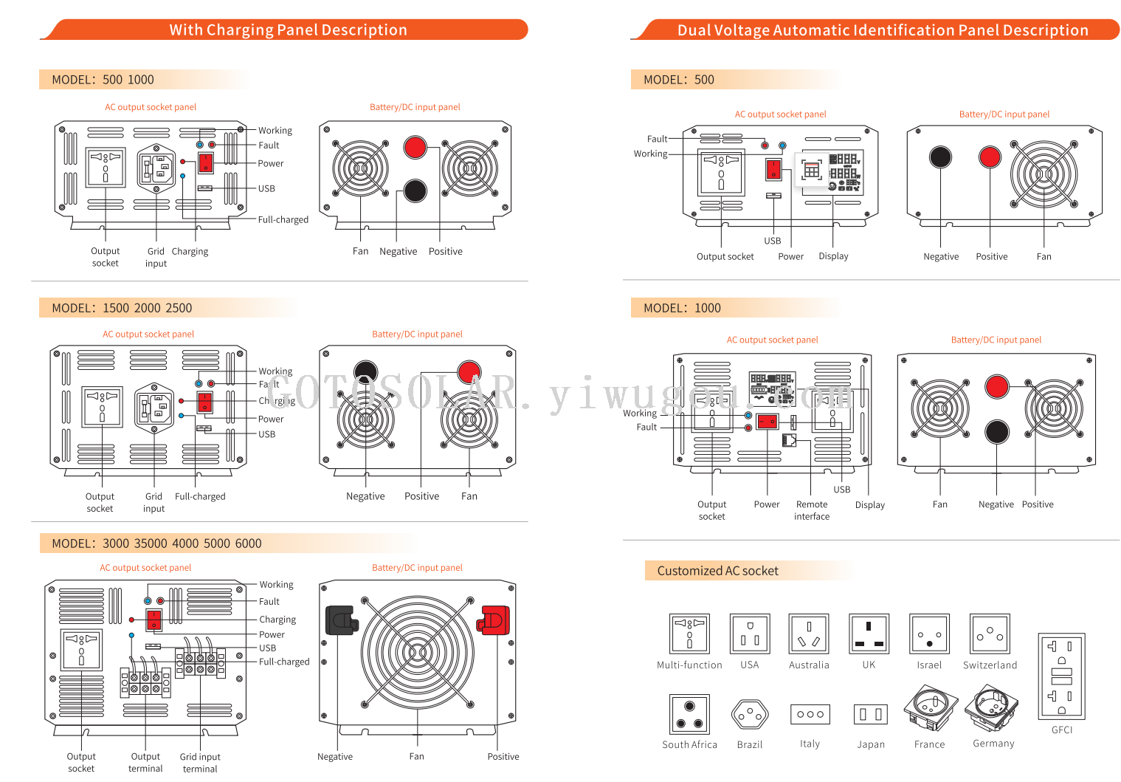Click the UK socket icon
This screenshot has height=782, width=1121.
coord(869,634)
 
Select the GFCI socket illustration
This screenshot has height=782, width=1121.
coord(1061,676)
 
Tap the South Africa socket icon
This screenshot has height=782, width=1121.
coord(689,714)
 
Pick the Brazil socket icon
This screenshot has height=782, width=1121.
coord(750,714)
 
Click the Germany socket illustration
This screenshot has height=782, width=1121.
coord(992,708)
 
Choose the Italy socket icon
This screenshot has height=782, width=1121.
coord(810,714)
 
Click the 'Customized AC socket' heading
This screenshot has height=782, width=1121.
coord(717,571)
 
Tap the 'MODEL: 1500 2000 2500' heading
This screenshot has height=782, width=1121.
coord(122,308)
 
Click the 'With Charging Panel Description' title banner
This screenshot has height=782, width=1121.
coord(288,30)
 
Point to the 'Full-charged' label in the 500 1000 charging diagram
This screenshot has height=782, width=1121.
coord(283,220)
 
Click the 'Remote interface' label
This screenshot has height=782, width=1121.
coord(812,510)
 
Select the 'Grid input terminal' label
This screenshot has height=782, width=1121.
coord(200,762)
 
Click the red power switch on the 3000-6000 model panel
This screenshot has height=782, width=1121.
coord(154,620)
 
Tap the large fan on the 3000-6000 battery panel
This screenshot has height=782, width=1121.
coord(417,652)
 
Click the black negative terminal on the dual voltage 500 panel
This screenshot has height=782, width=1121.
coord(940,157)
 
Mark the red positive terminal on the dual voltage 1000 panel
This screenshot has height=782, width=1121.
coord(996,386)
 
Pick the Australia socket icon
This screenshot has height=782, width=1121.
coord(809,634)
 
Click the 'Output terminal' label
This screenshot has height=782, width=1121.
coord(145,762)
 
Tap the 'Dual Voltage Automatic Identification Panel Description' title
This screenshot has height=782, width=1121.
coord(883,30)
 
